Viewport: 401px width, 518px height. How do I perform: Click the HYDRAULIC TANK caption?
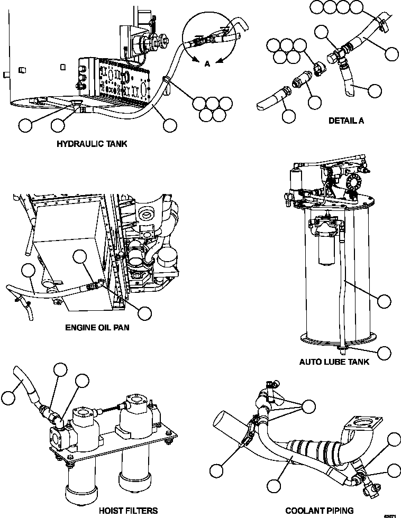click(x=92, y=144)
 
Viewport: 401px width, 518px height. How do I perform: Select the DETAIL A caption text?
click(x=346, y=121)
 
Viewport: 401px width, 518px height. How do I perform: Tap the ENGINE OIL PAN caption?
click(x=97, y=327)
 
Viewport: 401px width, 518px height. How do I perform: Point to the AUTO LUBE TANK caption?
click(x=334, y=362)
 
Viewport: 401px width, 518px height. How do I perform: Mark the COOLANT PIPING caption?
click(x=319, y=511)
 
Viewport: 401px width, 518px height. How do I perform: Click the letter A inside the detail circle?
click(x=207, y=63)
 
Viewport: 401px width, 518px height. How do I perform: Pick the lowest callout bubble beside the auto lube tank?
click(x=385, y=353)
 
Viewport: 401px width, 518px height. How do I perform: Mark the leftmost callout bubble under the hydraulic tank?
click(x=25, y=125)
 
